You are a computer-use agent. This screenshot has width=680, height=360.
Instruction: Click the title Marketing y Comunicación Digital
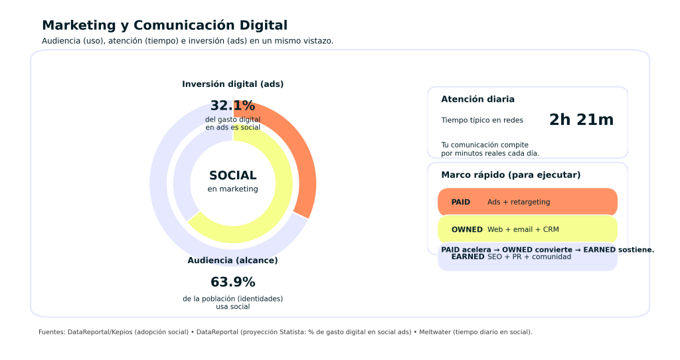pyautogui.click(x=165, y=25)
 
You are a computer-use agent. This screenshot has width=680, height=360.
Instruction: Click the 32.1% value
pyautogui.click(x=232, y=106)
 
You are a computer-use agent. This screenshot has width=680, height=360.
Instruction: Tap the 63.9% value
pyautogui.click(x=232, y=282)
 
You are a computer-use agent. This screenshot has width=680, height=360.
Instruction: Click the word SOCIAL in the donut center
pyautogui.click(x=232, y=175)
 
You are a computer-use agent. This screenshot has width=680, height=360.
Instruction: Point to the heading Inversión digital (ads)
pyautogui.click(x=232, y=84)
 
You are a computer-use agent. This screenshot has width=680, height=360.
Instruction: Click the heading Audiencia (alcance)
pyautogui.click(x=232, y=260)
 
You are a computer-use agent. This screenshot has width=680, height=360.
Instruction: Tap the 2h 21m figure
pyautogui.click(x=581, y=120)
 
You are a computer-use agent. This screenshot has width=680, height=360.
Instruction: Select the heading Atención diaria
pyautogui.click(x=477, y=99)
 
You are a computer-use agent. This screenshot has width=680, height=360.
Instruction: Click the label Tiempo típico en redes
pyautogui.click(x=482, y=120)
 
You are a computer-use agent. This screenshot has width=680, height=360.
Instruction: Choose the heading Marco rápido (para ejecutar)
pyautogui.click(x=511, y=175)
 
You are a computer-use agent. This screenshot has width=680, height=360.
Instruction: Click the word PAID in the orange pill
pyautogui.click(x=460, y=202)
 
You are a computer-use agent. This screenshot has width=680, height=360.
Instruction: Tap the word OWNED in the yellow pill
pyautogui.click(x=467, y=229)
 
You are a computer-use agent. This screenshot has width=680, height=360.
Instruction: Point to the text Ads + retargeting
pyautogui.click(x=519, y=202)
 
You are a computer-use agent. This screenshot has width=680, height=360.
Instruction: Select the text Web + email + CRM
pyautogui.click(x=523, y=229)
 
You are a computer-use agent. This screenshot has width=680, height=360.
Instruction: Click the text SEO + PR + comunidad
pyautogui.click(x=529, y=257)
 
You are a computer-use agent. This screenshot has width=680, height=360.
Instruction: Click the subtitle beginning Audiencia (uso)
pyautogui.click(x=187, y=41)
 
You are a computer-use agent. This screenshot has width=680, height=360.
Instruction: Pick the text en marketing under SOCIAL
pyautogui.click(x=232, y=189)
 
